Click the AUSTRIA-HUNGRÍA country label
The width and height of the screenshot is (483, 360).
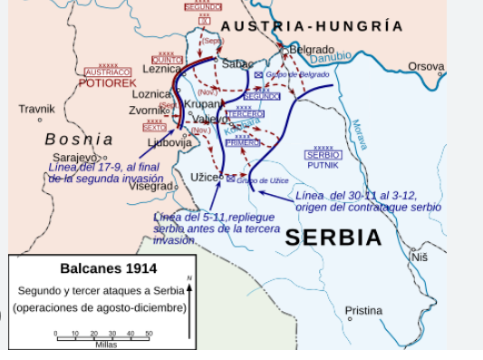[312, 26]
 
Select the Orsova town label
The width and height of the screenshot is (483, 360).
[426, 66]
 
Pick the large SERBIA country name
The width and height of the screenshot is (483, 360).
[333, 238]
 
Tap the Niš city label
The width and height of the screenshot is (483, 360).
[419, 258]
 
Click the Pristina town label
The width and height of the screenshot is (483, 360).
[363, 311]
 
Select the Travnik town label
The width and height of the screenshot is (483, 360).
[36, 109]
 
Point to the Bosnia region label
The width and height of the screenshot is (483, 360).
[79, 140]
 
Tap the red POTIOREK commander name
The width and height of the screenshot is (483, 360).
[107, 83]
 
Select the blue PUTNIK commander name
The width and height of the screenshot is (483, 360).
[323, 165]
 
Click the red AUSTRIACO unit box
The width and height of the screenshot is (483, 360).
[107, 72]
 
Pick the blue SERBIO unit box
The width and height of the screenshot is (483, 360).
[323, 155]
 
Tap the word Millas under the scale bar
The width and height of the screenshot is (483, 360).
[106, 345]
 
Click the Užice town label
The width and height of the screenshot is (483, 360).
[203, 177]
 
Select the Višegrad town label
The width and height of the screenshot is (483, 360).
[150, 186]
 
